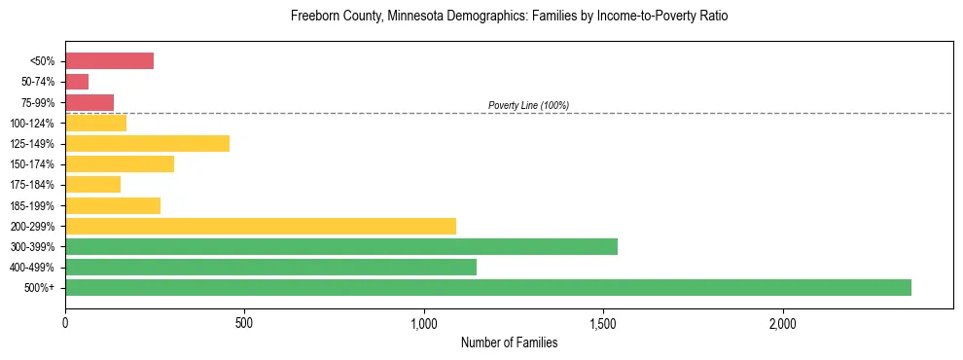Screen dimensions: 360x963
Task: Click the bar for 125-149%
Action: [147, 143]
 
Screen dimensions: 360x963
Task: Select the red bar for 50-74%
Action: [77, 82]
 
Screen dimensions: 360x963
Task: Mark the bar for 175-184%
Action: [92, 184]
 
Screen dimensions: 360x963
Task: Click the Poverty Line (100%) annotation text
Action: [528, 105]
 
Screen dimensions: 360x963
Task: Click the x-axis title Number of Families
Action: [509, 342]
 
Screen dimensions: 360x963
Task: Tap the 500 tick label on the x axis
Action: [244, 323]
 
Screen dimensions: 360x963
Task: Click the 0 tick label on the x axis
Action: [65, 323]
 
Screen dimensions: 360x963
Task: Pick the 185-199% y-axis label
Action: [33, 205]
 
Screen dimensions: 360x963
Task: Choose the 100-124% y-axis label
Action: [33, 123]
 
